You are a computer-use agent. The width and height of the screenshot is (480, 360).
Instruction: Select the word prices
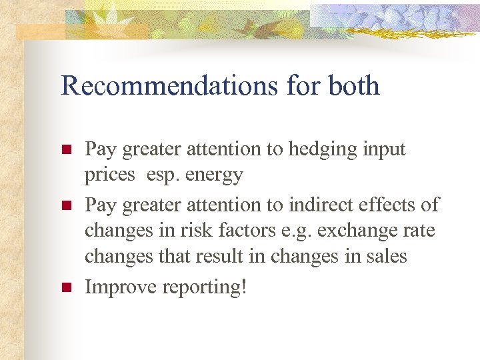107,176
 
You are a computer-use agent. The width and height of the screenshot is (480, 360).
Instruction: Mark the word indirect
316,205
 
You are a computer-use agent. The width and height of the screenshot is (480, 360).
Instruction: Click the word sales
385,257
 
